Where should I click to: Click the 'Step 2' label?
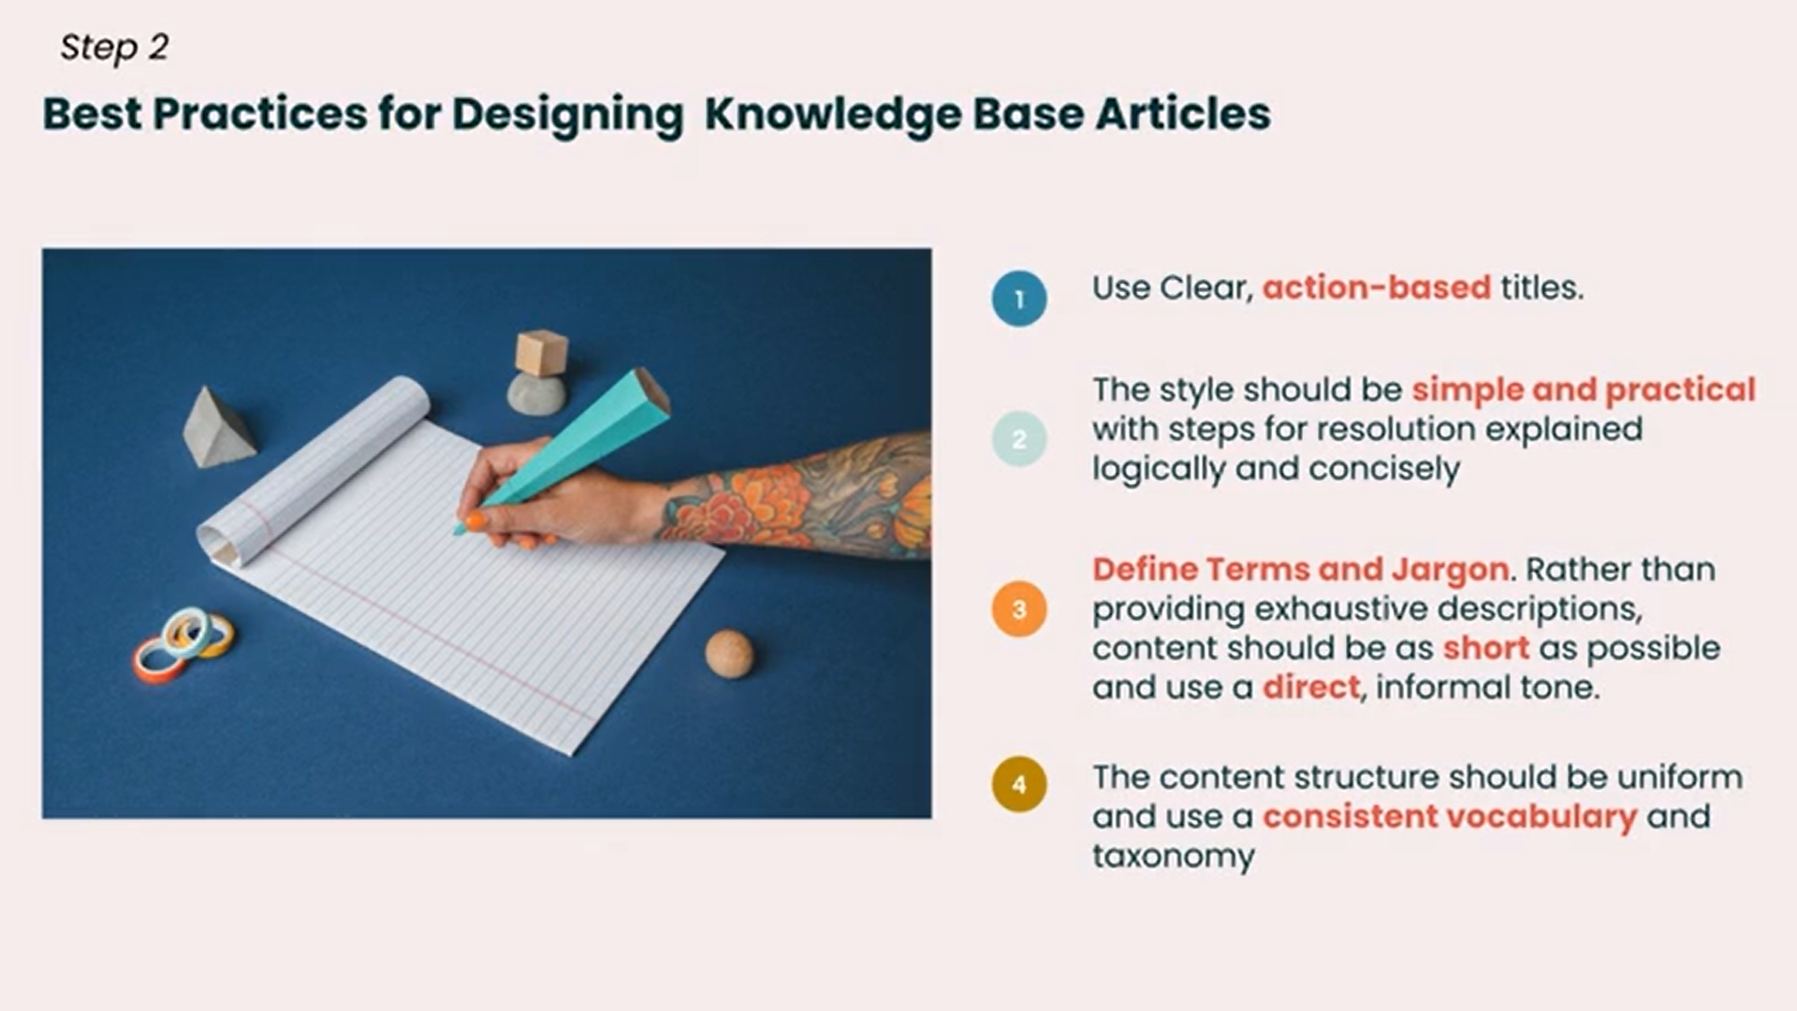pyautogui.click(x=114, y=47)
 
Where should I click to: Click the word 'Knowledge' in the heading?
pyautogui.click(x=832, y=115)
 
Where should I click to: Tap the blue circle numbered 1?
pyautogui.click(x=1019, y=299)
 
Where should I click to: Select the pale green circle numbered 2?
pyautogui.click(x=1019, y=439)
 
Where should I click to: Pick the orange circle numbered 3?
pyautogui.click(x=1019, y=609)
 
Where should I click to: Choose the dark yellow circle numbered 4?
pyautogui.click(x=1019, y=784)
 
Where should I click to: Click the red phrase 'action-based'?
pyautogui.click(x=1377, y=287)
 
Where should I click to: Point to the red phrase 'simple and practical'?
pyautogui.click(x=1584, y=390)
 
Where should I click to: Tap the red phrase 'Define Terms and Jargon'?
pyautogui.click(x=1301, y=570)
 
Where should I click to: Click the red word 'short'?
pyautogui.click(x=1486, y=648)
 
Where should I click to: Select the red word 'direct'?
pyautogui.click(x=1310, y=687)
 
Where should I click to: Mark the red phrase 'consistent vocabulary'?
pyautogui.click(x=1450, y=817)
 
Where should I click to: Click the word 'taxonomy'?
pyautogui.click(x=1174, y=857)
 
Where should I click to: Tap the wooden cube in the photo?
pyautogui.click(x=542, y=353)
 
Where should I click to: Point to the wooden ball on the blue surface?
pyautogui.click(x=728, y=653)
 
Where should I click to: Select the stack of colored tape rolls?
pyautogui.click(x=183, y=643)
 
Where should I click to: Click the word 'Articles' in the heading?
pyautogui.click(x=1183, y=114)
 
